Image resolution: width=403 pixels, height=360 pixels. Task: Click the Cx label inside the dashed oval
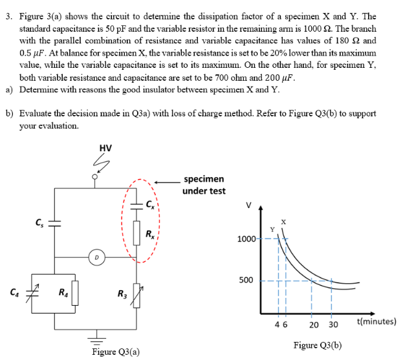pos(150,206)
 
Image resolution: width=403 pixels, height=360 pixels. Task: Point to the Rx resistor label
pos(150,233)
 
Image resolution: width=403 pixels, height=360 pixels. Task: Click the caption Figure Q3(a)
pos(116,352)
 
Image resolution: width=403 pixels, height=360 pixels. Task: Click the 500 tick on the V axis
pos(247,281)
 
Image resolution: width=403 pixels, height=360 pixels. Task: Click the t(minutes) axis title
pos(376,321)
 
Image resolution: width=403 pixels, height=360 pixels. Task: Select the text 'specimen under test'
pos(204,184)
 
